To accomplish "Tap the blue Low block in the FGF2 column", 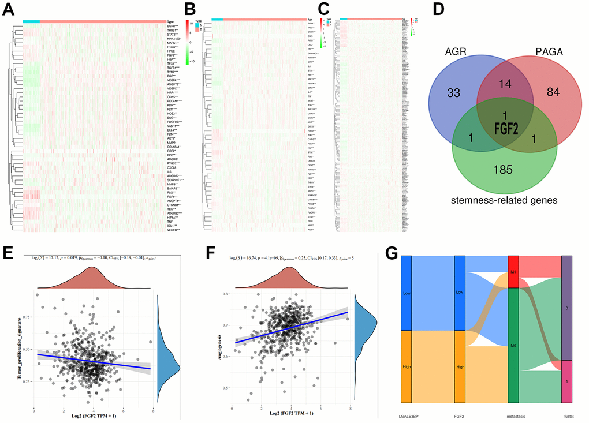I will (x=460, y=293).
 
